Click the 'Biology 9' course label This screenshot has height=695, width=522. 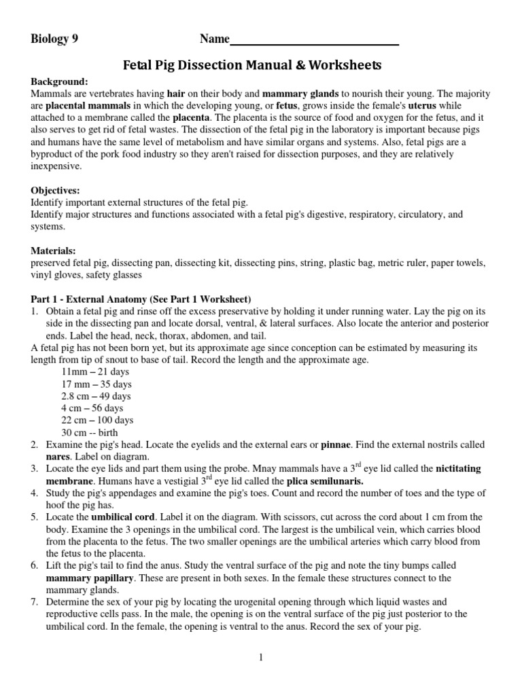click(54, 39)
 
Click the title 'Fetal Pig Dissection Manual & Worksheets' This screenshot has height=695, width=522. click(251, 66)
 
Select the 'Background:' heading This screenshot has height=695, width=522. click(59, 81)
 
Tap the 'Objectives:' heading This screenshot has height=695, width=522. click(56, 191)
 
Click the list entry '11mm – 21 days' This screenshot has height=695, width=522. click(95, 372)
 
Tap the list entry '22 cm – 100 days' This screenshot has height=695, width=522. click(98, 420)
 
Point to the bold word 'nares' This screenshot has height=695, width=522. click(58, 457)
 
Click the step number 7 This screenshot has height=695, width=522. click(34, 602)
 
